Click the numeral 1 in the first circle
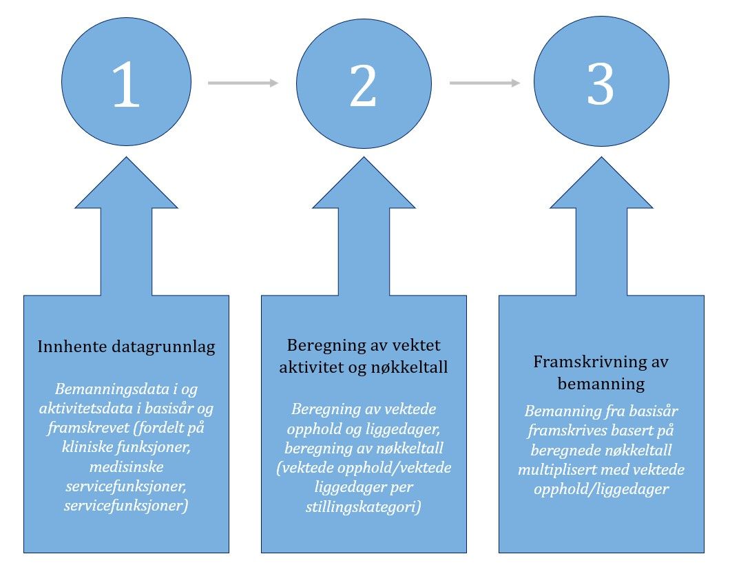pos(127,84)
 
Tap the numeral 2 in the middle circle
pos(363,85)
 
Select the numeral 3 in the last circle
pos(601,84)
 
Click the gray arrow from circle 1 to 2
pos(243,83)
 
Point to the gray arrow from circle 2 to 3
pos(485,83)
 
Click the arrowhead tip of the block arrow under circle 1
pos(126,157)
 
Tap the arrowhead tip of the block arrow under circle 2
pos(364,157)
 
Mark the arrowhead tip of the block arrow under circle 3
pos(601,157)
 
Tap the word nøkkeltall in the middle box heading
pos(409,367)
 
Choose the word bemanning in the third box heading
pos(601,384)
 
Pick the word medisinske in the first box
pos(126,466)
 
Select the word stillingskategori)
pos(363,506)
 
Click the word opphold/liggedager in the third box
pos(601,489)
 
